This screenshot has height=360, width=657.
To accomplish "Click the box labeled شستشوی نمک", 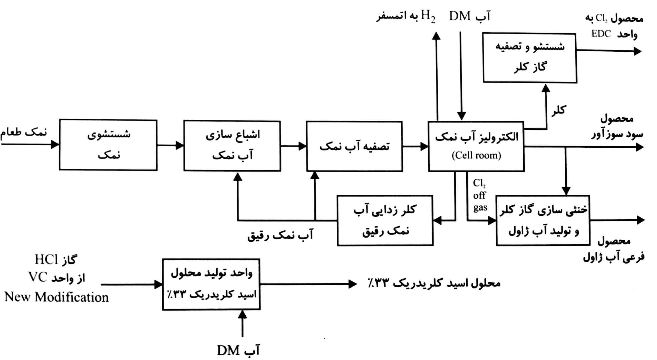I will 108,145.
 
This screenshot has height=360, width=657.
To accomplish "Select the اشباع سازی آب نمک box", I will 232,146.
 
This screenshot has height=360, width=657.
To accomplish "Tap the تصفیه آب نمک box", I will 354,146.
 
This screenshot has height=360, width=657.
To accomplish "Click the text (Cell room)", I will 476,155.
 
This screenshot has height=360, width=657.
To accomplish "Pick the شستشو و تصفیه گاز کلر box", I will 530,58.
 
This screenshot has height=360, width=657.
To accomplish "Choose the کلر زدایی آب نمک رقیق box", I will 385,220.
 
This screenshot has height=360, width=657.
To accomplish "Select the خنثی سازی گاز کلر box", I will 543,220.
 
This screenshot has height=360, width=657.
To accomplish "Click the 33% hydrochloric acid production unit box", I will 211,284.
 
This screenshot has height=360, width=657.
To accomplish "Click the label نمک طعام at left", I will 24,132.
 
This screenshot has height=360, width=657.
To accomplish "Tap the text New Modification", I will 56,297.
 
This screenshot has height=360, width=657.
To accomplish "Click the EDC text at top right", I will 601,34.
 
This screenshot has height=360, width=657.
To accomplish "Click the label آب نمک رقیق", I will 280,235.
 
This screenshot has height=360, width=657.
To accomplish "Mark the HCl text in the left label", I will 46,260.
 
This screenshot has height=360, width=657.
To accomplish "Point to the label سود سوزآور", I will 617,134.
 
